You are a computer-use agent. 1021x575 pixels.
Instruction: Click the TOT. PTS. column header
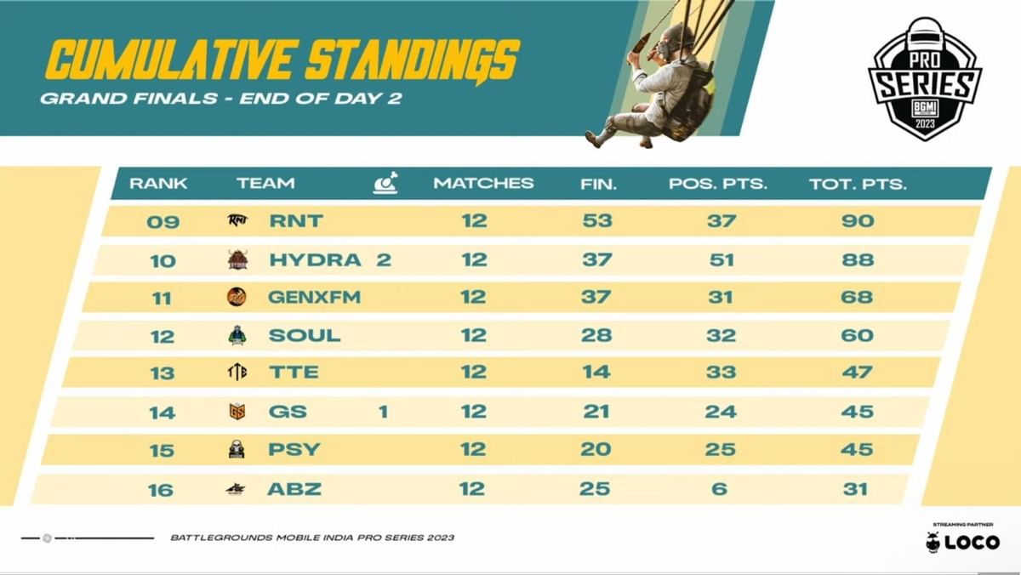858,183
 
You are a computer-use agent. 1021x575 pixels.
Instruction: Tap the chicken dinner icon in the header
385,183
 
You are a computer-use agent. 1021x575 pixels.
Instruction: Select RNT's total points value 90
858,221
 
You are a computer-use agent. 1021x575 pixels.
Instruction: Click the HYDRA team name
315,259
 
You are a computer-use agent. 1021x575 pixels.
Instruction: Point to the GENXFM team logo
237,297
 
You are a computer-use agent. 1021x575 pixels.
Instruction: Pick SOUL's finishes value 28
596,335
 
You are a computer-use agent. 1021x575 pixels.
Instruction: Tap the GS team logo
237,412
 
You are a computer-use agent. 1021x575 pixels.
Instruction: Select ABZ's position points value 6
721,488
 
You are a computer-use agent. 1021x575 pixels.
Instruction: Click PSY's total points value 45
856,449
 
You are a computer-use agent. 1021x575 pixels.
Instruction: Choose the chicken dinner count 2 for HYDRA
384,259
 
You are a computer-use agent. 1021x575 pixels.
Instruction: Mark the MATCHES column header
483,183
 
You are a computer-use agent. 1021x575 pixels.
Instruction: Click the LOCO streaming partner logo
963,541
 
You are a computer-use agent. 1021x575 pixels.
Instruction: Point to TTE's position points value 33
721,373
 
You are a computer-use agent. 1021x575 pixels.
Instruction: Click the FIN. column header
597,183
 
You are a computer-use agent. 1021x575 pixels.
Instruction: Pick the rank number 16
161,489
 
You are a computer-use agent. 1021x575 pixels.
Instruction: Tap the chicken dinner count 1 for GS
383,412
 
